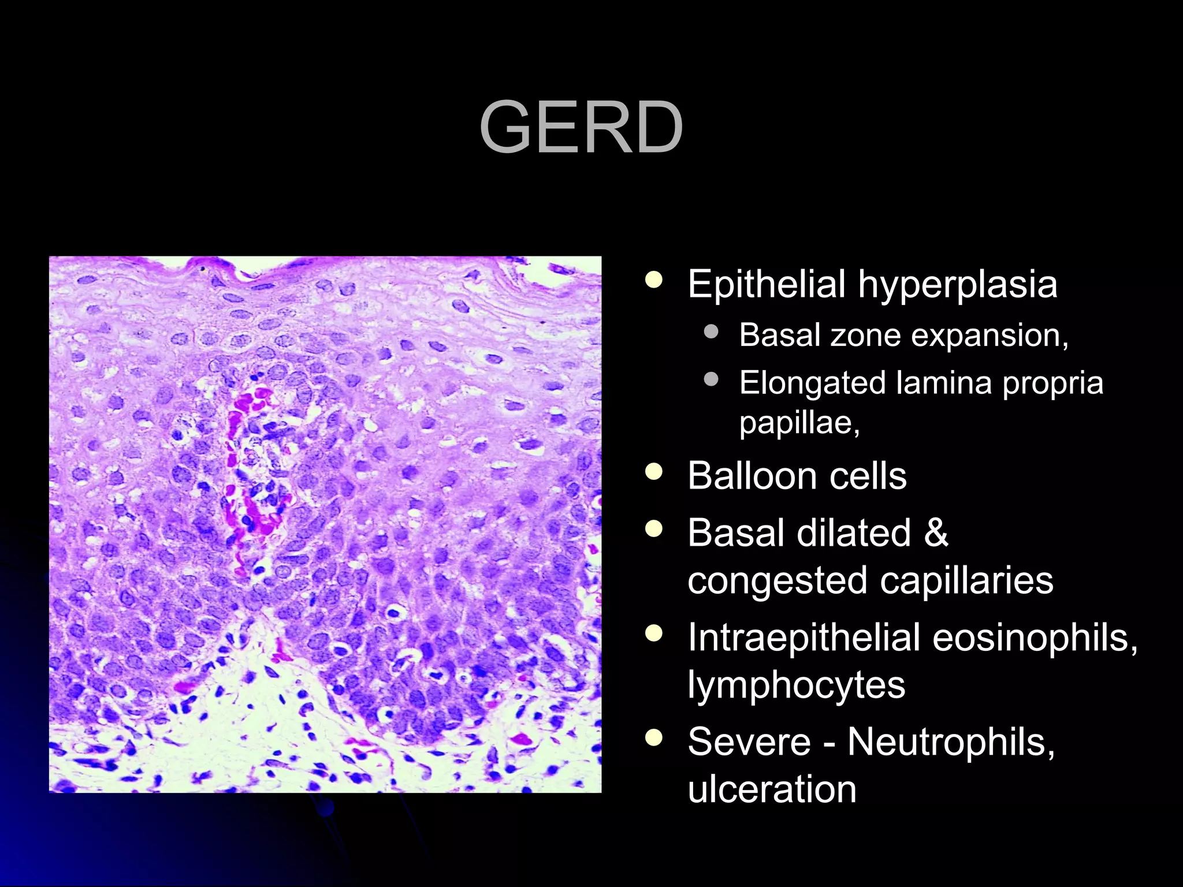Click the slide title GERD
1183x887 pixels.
tap(581, 128)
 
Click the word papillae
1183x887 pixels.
tap(799, 423)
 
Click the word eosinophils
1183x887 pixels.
tap(1035, 639)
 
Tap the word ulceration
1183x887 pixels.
tap(772, 789)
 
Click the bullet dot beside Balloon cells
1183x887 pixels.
tap(654, 473)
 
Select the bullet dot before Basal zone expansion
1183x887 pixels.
tap(711, 332)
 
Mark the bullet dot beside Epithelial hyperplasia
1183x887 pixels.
tap(654, 281)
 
